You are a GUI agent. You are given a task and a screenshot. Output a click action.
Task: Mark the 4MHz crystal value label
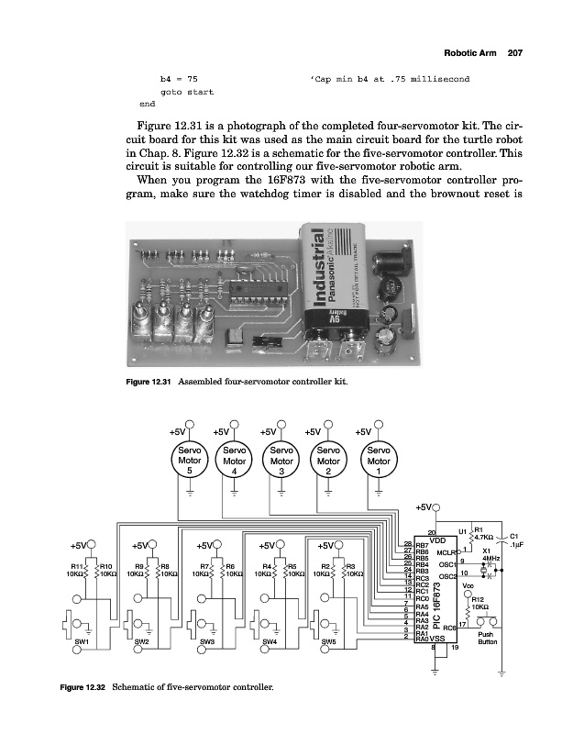tap(490, 558)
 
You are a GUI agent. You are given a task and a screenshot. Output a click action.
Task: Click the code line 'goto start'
tap(186, 93)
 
